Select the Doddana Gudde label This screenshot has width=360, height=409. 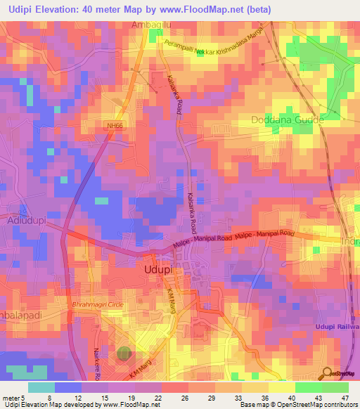pyautogui.click(x=286, y=119)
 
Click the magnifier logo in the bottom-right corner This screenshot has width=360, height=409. pyautogui.click(x=326, y=373)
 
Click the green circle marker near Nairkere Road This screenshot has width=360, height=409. pyautogui.click(x=124, y=354)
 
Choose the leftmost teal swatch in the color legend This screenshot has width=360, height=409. pyautogui.click(x=41, y=387)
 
